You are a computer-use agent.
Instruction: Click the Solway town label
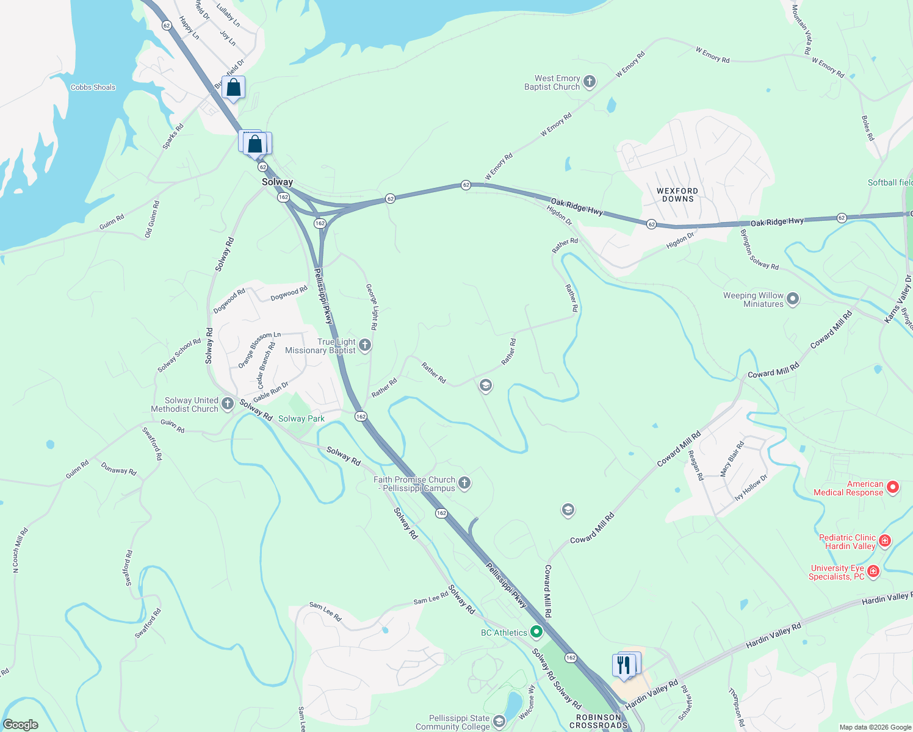click(x=277, y=182)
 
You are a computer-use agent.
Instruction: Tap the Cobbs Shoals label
click(x=93, y=87)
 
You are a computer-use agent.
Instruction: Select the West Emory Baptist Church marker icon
click(x=590, y=82)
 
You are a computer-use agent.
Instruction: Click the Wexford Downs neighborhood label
click(x=677, y=195)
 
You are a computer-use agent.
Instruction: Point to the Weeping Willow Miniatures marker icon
click(x=793, y=299)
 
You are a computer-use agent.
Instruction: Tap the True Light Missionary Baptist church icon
click(x=365, y=345)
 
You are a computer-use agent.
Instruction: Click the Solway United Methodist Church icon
click(x=228, y=403)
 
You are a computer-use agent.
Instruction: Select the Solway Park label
click(x=301, y=418)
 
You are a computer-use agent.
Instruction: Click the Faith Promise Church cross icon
click(x=464, y=483)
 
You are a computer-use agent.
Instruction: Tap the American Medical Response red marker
click(x=893, y=487)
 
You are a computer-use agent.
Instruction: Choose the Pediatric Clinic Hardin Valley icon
click(x=885, y=540)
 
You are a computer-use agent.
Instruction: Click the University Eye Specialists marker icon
click(x=873, y=571)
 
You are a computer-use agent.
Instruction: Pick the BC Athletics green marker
click(x=536, y=632)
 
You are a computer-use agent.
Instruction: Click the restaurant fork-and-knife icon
click(x=624, y=665)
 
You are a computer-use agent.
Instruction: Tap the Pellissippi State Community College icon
click(x=499, y=722)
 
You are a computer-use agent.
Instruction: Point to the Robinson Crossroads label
click(x=598, y=721)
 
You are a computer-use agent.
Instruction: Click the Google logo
click(x=21, y=724)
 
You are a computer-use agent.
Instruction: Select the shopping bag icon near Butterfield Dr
click(x=233, y=88)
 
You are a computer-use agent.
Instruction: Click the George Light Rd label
click(x=371, y=306)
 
